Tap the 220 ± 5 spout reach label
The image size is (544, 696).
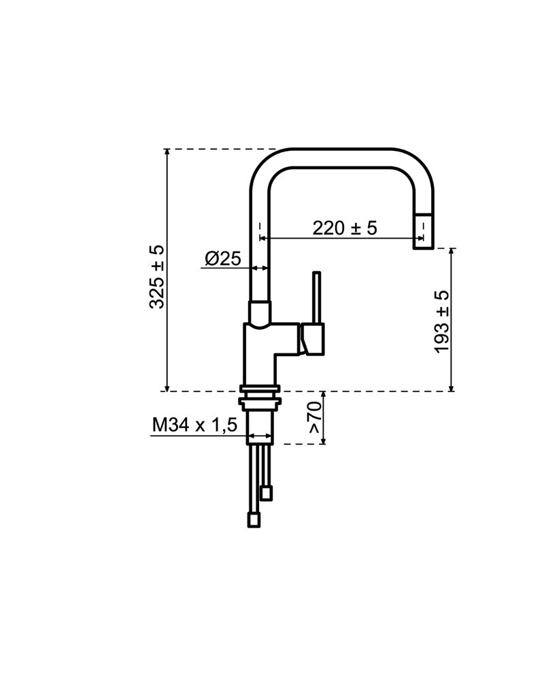click(x=344, y=228)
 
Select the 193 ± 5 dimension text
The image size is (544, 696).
click(x=442, y=321)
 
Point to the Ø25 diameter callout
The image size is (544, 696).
click(x=222, y=258)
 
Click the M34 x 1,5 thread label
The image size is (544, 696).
click(x=194, y=425)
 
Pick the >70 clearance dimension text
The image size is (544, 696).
click(x=313, y=417)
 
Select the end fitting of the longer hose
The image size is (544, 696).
click(x=253, y=521)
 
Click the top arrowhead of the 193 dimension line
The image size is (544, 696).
click(x=452, y=254)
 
